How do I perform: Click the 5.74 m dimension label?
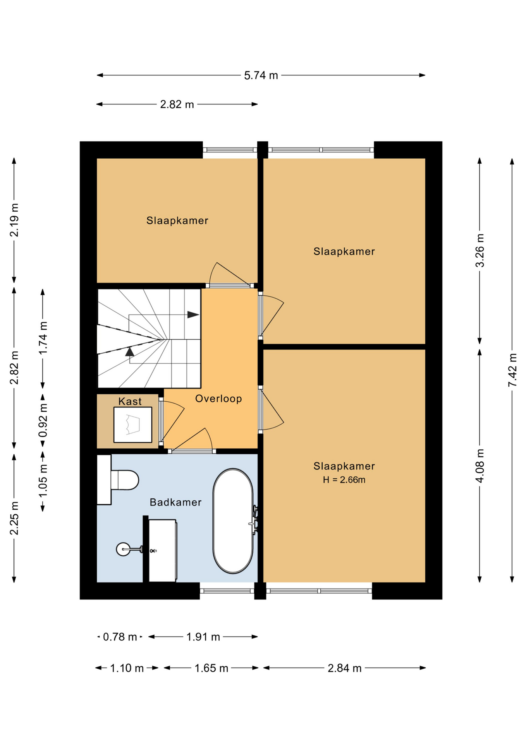pos(261,75)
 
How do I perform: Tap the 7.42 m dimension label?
pos(512,370)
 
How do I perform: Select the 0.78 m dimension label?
pos(120,637)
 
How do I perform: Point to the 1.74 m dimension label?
pos(43,338)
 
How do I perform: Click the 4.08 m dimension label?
pos(480,466)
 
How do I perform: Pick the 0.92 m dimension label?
pos(43,420)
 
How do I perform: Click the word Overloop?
pos(218,399)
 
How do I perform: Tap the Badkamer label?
pos(175,502)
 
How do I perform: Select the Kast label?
pos(130,401)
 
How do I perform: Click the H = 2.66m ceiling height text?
pos(344,480)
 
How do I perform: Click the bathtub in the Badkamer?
pos(233,521)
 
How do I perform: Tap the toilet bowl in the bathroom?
pos(125,480)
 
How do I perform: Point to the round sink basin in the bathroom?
pos(124,549)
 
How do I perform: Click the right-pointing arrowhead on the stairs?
pos(193,315)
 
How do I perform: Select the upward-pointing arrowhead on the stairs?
pos(130,352)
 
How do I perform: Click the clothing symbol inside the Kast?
pos(132,425)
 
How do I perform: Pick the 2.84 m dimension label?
pos(344,668)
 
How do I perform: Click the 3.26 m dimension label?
pos(480,250)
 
